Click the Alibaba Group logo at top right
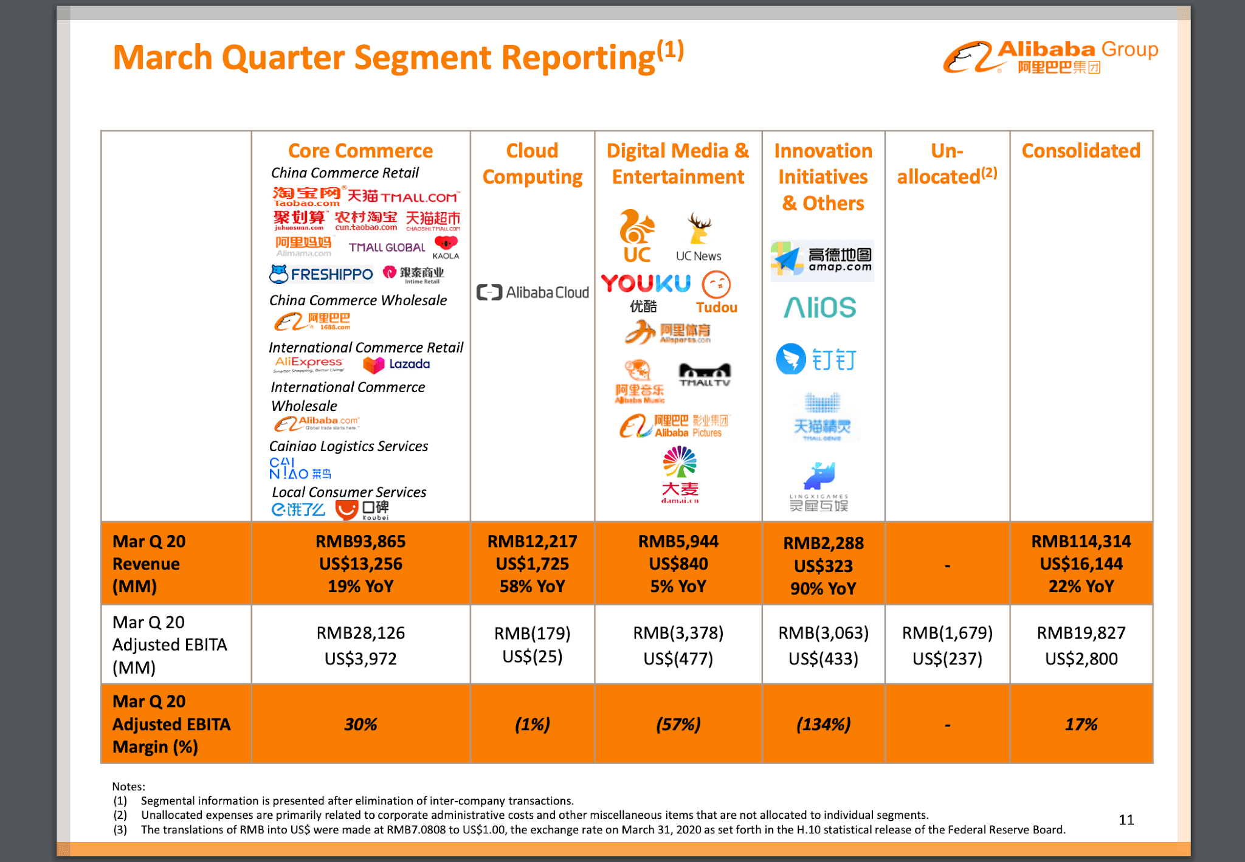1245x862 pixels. pyautogui.click(x=1050, y=57)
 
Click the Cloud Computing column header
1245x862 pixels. pyautogui.click(x=532, y=164)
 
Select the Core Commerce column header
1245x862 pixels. pyautogui.click(x=360, y=150)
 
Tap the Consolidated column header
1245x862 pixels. pyautogui.click(x=1080, y=150)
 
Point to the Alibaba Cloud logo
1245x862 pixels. pyautogui.click(x=533, y=292)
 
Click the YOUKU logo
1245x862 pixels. pyautogui.click(x=646, y=284)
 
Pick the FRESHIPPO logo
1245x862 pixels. pyautogui.click(x=322, y=274)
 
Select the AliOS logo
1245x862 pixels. pyautogui.click(x=819, y=308)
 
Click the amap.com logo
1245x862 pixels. pyautogui.click(x=822, y=260)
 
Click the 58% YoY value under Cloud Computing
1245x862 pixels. pyautogui.click(x=532, y=586)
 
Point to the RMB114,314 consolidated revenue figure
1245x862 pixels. pyautogui.click(x=1080, y=541)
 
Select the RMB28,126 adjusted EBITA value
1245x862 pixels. pyautogui.click(x=360, y=633)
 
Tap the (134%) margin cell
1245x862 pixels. pyautogui.click(x=823, y=724)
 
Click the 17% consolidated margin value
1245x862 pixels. pyautogui.click(x=1080, y=724)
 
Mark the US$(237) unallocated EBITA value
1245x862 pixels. pyautogui.click(x=947, y=658)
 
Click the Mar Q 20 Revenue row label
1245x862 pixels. pyautogui.click(x=149, y=564)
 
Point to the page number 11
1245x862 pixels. pyautogui.click(x=1126, y=819)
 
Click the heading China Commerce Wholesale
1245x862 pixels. pyautogui.click(x=357, y=300)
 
